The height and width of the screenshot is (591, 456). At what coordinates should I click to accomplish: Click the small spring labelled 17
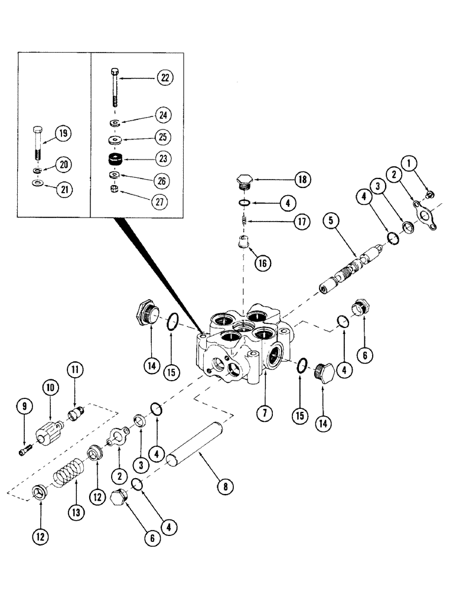[242, 223]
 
